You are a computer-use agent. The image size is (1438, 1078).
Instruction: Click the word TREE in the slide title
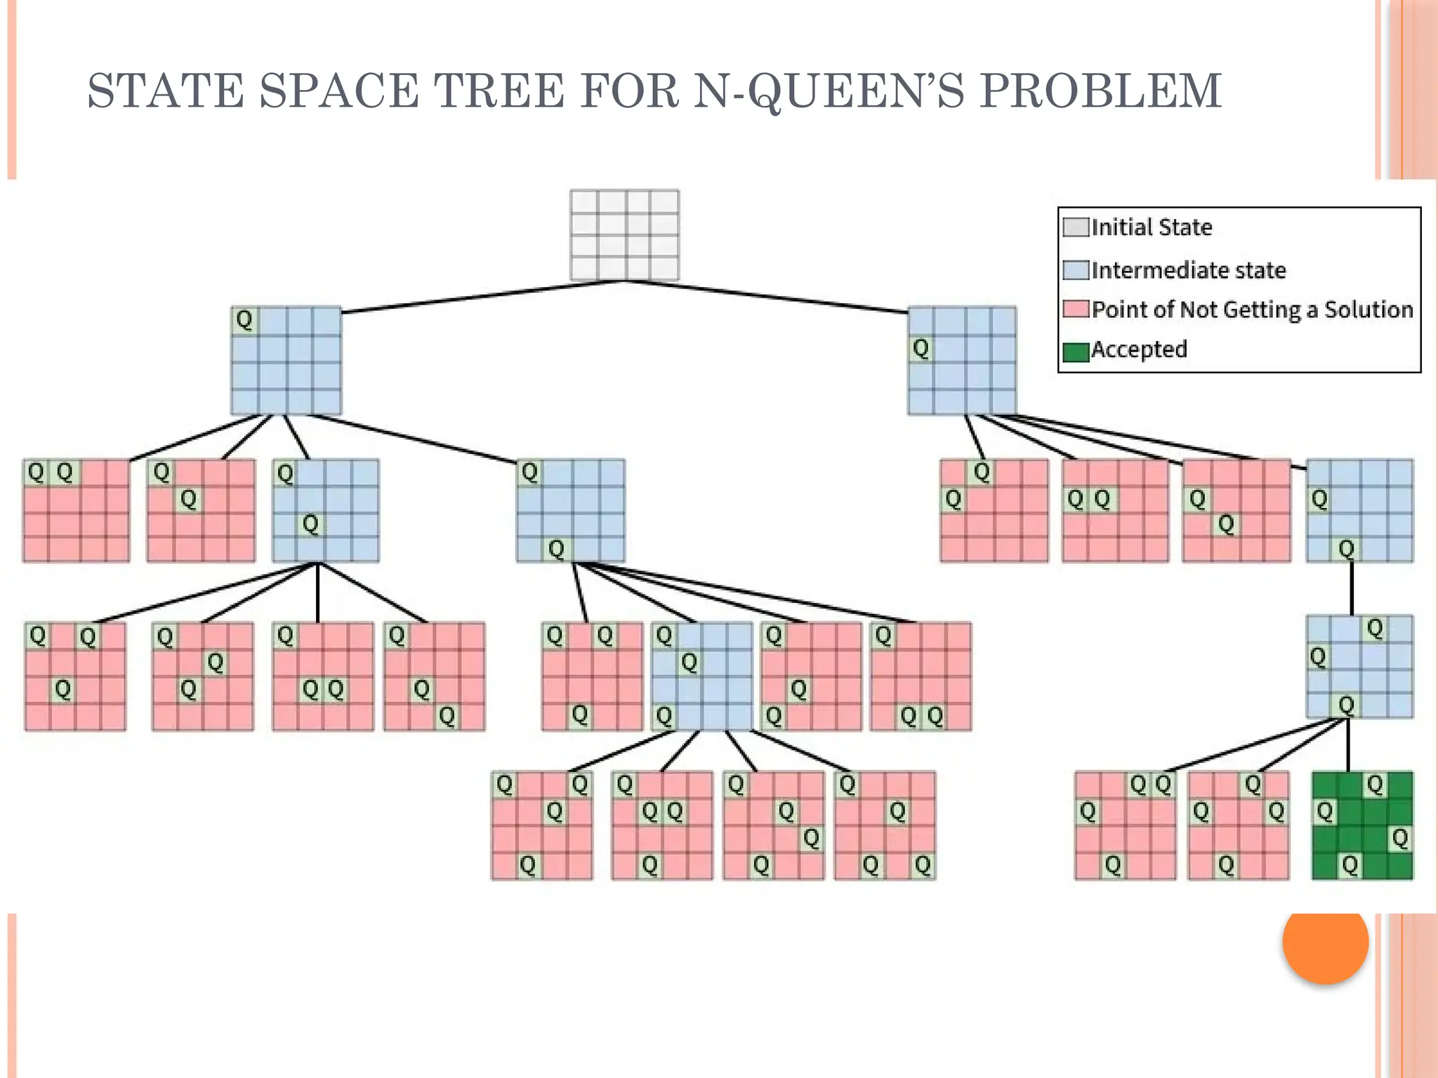pyautogui.click(x=500, y=91)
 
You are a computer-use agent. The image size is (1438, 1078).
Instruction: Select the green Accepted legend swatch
pyautogui.click(x=1075, y=351)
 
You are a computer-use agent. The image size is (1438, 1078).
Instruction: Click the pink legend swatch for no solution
pyautogui.click(x=1075, y=309)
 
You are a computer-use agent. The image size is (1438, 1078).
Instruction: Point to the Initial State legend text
pyautogui.click(x=1152, y=227)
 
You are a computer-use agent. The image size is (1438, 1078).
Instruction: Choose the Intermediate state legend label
pyautogui.click(x=1188, y=270)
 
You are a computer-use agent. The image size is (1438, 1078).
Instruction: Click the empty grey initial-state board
pyautogui.click(x=624, y=235)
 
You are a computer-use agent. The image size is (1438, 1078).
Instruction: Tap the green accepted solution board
pyautogui.click(x=1362, y=825)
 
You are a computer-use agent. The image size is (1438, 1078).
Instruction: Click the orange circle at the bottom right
pyautogui.click(x=1325, y=942)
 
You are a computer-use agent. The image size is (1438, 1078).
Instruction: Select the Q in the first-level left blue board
pyautogui.click(x=244, y=320)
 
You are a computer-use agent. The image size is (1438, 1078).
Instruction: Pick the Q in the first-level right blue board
pyautogui.click(x=921, y=348)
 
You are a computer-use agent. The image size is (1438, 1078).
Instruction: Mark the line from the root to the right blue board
pyautogui.click(x=765, y=295)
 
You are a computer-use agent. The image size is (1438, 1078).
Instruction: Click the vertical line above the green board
pyautogui.click(x=1348, y=745)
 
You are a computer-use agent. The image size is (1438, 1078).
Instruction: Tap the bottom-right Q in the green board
pyautogui.click(x=1400, y=838)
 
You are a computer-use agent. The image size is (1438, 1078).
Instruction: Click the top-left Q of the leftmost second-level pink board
pyautogui.click(x=36, y=472)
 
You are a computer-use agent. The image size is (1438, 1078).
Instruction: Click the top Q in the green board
pyautogui.click(x=1375, y=785)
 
